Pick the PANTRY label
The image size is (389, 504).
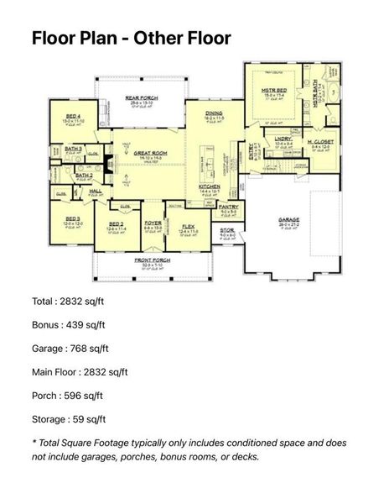(x=229, y=207)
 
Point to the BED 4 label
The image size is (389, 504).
(x=74, y=116)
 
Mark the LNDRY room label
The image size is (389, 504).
(x=283, y=139)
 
